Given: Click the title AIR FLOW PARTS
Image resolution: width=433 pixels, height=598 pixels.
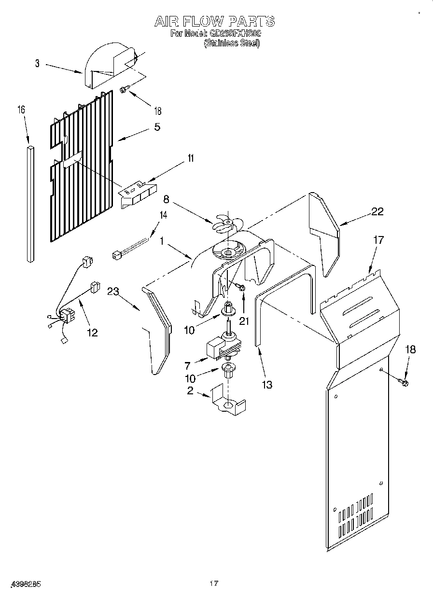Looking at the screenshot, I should tap(215, 21).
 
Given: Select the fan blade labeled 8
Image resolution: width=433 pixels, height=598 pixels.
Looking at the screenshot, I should tap(227, 222).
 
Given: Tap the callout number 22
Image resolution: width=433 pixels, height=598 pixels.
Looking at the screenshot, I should tap(377, 211).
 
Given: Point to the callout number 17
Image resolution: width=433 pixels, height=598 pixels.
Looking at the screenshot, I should tap(378, 240).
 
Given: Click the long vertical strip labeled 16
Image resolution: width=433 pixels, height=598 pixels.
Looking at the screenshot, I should tap(30, 203).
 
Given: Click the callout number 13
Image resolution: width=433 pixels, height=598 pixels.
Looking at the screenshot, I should tap(266, 384).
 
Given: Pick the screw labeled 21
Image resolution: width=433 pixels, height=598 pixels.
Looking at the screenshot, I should tap(241, 288).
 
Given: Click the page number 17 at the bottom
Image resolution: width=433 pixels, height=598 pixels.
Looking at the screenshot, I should tap(214, 584).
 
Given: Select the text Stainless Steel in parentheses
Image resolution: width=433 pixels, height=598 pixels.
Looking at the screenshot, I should tap(232, 43).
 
